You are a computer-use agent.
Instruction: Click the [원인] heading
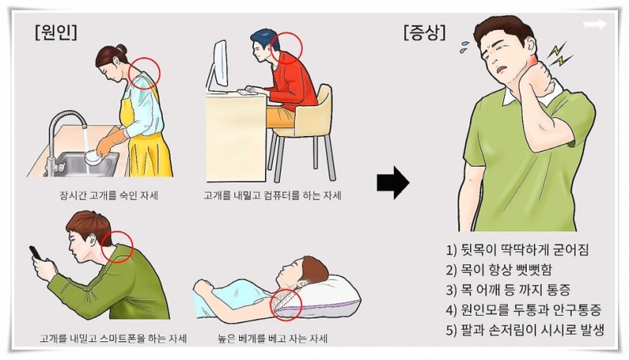[56, 32]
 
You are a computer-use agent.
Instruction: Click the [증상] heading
[425, 32]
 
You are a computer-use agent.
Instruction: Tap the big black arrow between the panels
[393, 183]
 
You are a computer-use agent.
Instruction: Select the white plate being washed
[94, 156]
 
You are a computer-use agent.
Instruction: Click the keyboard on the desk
[248, 92]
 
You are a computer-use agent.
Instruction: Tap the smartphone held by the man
[35, 252]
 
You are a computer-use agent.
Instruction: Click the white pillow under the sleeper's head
[327, 296]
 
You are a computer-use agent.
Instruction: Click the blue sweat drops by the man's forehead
[466, 46]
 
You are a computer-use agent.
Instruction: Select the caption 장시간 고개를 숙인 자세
[109, 196]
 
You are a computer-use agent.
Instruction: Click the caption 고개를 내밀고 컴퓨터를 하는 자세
[272, 196]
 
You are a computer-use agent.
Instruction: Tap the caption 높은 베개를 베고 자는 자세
[272, 339]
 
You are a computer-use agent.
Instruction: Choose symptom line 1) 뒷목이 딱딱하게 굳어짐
[517, 250]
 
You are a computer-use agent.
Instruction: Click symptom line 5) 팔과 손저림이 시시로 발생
[525, 330]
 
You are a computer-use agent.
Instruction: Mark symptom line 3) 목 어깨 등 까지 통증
[508, 290]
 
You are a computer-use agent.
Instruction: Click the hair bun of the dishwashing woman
[122, 50]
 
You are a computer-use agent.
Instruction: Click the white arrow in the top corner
[595, 24]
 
